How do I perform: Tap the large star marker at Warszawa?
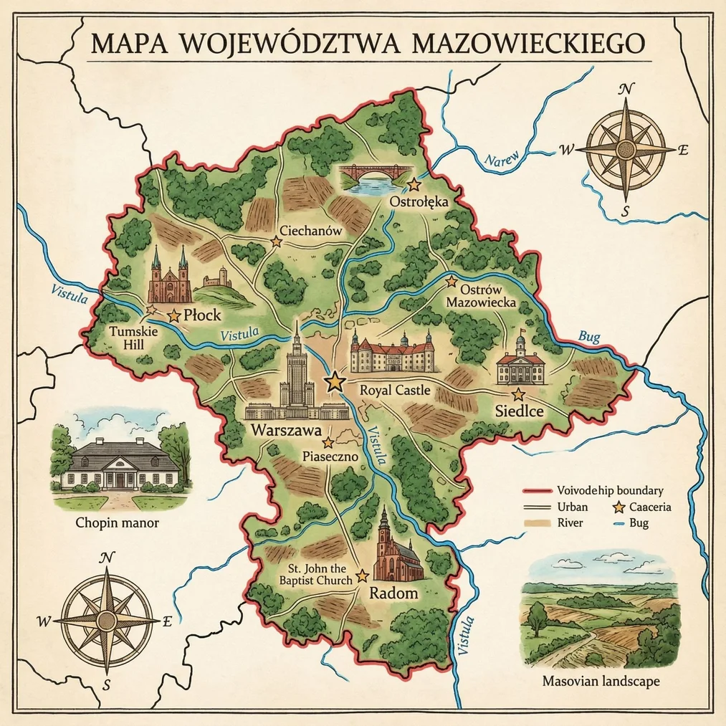coord(334,382)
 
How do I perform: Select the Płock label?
coord(203,315)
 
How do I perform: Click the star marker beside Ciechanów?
coord(276,242)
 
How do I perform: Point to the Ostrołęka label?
coord(419,202)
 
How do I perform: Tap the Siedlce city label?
coord(520,411)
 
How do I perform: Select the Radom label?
coord(393,593)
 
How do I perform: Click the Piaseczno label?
coord(325,457)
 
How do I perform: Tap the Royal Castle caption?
coord(395,391)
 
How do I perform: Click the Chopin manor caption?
coord(118,522)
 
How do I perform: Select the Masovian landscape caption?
coord(601,682)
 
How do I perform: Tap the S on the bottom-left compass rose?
coord(106,684)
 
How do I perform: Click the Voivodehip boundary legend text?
coord(609,491)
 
